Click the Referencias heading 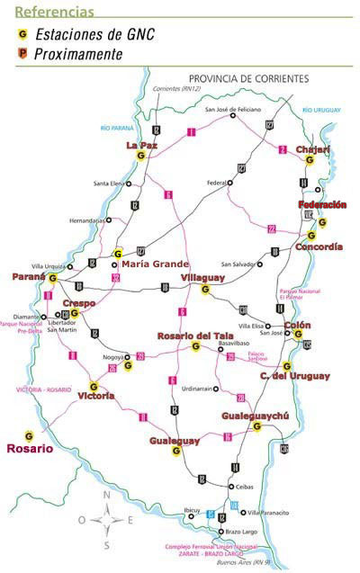tap(54, 11)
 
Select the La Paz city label tap(141, 144)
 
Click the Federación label tap(321, 205)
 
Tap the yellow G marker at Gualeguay tap(176, 451)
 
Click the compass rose tap(106, 519)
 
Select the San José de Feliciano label tap(233, 110)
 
